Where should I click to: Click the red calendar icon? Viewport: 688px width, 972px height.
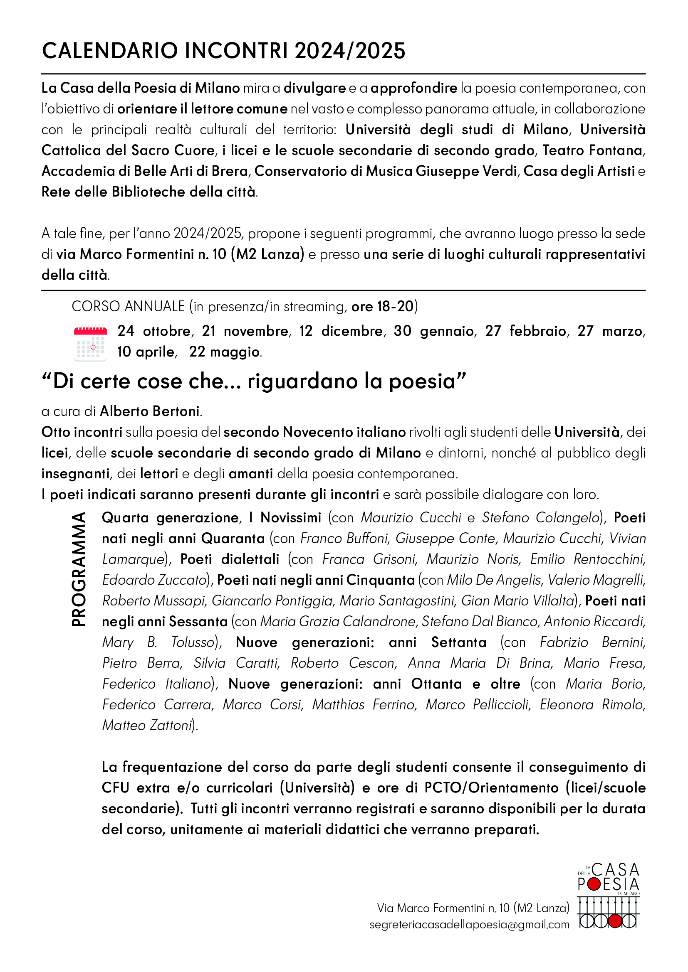tap(91, 342)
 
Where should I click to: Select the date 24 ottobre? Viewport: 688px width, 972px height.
tap(154, 331)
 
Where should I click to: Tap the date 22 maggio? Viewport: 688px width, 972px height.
tap(225, 352)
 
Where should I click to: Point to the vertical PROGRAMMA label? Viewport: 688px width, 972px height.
tap(79, 569)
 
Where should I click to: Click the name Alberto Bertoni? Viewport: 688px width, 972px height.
tap(150, 411)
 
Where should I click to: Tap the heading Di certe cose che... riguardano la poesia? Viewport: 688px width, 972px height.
tap(254, 381)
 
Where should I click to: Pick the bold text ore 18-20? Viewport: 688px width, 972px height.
tap(382, 307)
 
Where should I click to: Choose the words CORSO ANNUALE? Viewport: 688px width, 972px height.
tap(129, 307)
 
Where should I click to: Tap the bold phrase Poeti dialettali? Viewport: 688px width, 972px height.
tap(230, 559)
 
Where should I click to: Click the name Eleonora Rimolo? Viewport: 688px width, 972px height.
tap(592, 704)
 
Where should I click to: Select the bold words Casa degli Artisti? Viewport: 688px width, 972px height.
tap(579, 171)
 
